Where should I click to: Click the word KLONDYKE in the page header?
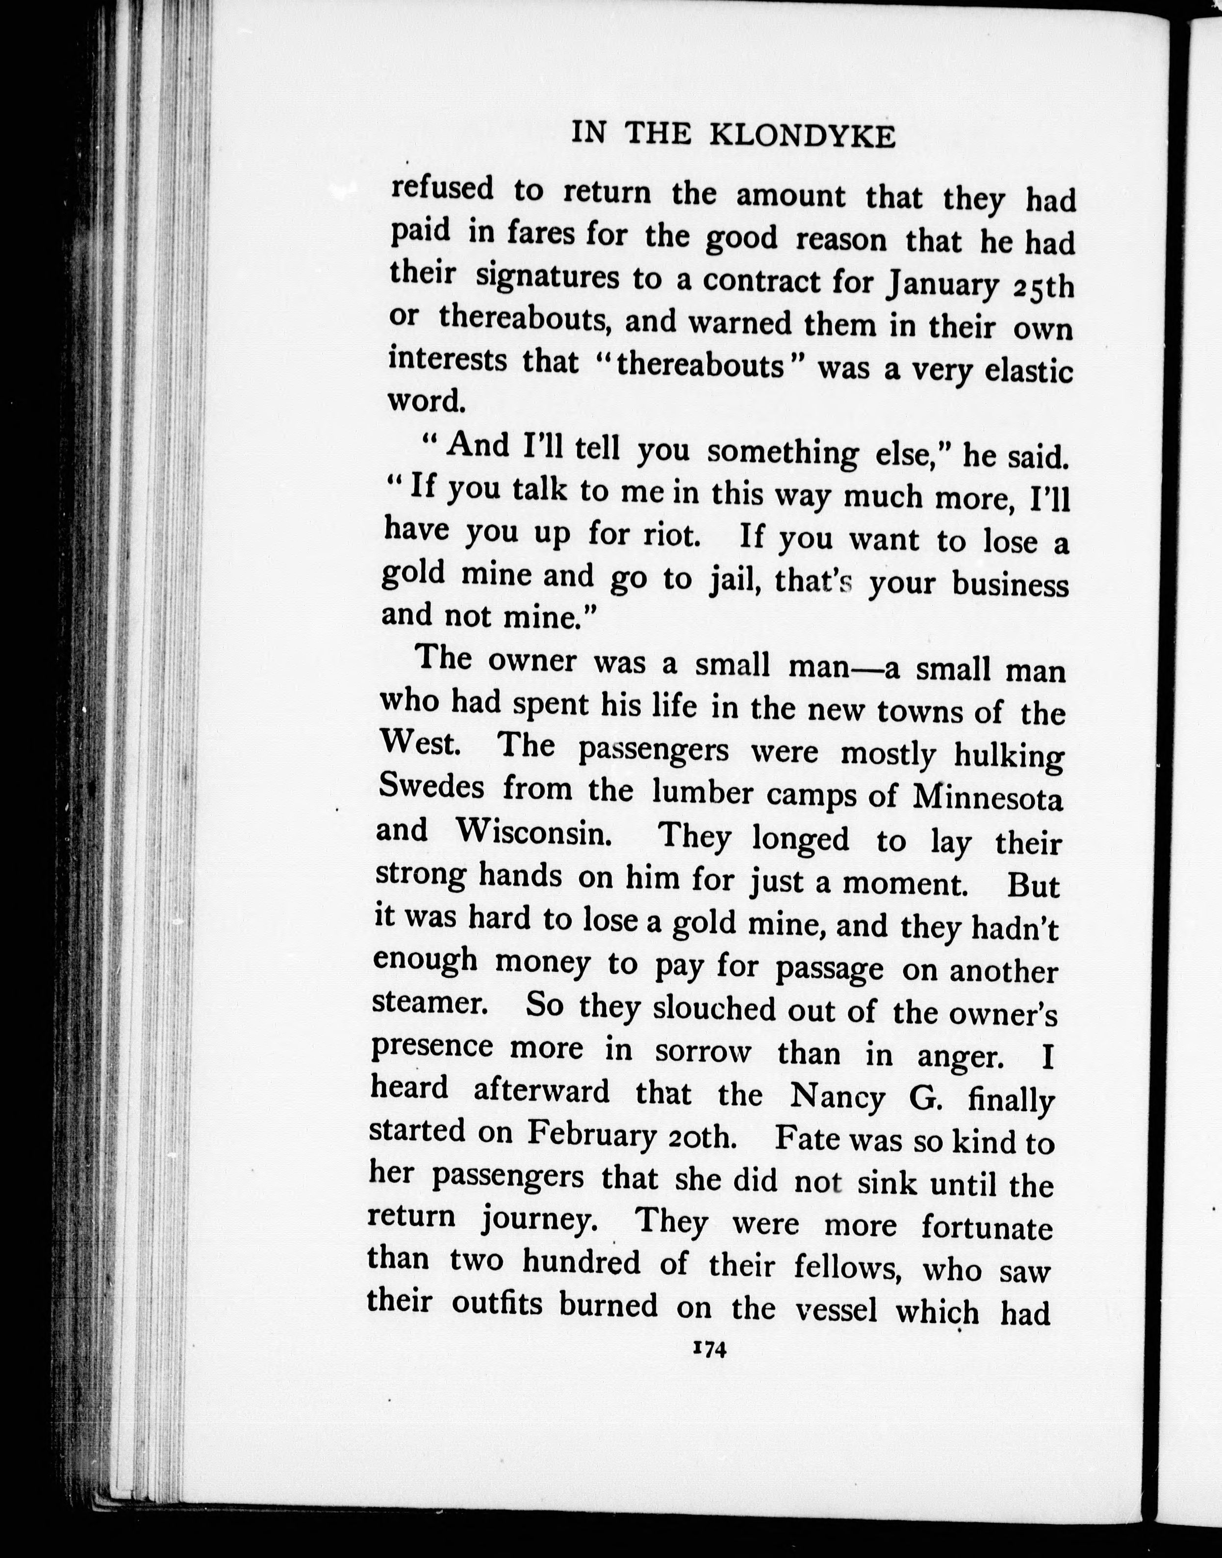point(803,136)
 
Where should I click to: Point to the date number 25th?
point(1044,287)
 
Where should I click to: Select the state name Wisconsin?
point(534,832)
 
